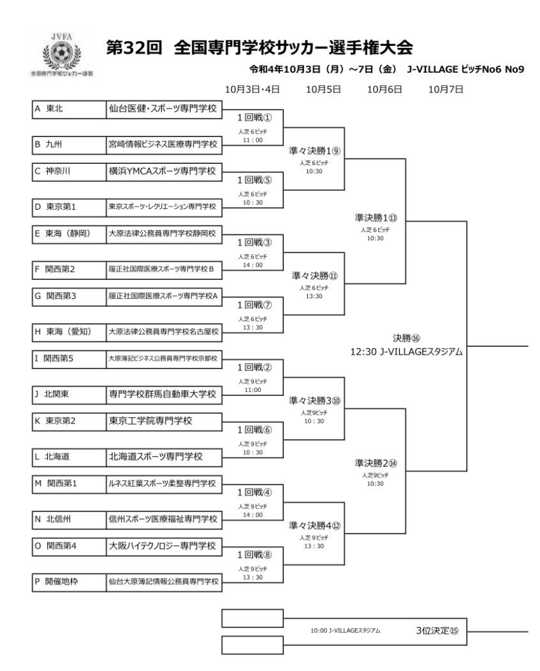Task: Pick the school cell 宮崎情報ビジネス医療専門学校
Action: click(164, 144)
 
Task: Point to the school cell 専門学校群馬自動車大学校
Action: click(164, 394)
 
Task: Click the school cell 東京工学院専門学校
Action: click(164, 421)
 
